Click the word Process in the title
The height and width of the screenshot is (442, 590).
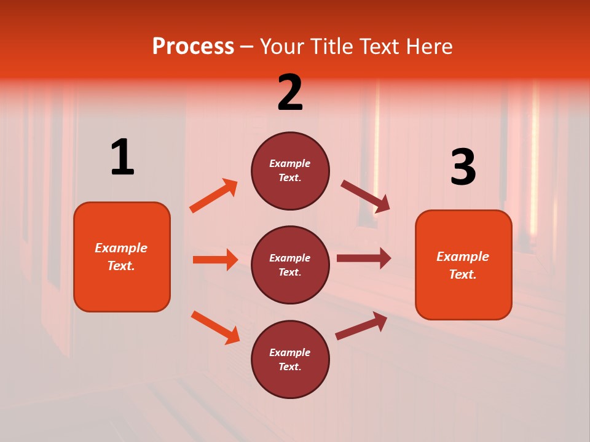pyautogui.click(x=193, y=46)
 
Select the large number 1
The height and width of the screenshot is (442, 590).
pyautogui.click(x=122, y=158)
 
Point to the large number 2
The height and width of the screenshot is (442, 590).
pyautogui.click(x=290, y=93)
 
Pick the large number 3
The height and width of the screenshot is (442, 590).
pyautogui.click(x=463, y=167)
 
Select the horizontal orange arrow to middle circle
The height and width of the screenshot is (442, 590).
pyautogui.click(x=215, y=260)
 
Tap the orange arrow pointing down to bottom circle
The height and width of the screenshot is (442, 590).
pyautogui.click(x=215, y=327)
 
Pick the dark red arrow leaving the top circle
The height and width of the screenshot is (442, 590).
pyautogui.click(x=366, y=196)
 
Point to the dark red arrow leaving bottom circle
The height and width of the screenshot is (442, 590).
pyautogui.click(x=361, y=325)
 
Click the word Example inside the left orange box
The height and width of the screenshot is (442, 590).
pyautogui.click(x=121, y=248)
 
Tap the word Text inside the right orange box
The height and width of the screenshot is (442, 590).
pyautogui.click(x=462, y=274)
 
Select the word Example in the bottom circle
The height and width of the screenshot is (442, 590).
pyautogui.click(x=290, y=352)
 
